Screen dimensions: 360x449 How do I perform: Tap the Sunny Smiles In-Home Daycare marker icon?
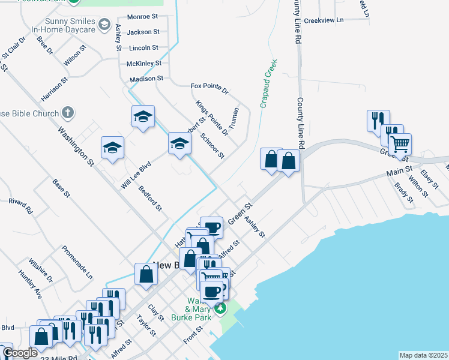104,25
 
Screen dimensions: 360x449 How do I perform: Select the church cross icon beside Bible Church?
68,112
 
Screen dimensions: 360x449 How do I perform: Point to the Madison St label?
146,79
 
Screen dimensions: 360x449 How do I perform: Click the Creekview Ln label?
324,20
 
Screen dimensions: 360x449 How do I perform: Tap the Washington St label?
76,145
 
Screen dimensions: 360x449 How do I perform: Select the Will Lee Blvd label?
135,175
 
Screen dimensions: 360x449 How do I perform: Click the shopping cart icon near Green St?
400,143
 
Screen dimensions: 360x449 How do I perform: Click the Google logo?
20,353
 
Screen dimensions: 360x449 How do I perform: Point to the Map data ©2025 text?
423,355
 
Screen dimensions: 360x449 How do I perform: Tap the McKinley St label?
144,63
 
